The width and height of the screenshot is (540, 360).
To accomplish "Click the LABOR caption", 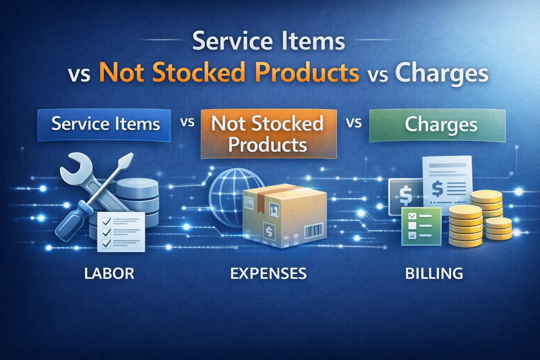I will [x=109, y=274].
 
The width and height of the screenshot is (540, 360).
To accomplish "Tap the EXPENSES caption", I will [x=268, y=274].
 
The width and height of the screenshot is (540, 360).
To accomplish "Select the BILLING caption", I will [x=434, y=274].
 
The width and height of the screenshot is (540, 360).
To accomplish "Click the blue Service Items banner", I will [x=104, y=125].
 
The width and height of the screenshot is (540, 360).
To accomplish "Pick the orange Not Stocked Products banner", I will [x=268, y=134].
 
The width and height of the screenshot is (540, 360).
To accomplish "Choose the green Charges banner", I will [x=438, y=126].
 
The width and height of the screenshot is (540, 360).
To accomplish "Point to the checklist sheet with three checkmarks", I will [x=121, y=232].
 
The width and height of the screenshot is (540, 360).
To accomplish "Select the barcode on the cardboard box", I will [x=313, y=231].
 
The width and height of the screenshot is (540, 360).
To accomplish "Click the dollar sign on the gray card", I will [x=405, y=195].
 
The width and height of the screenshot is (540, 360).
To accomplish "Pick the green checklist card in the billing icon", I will [x=421, y=226].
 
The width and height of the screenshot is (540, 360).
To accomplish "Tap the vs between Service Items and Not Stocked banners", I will [x=187, y=122].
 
